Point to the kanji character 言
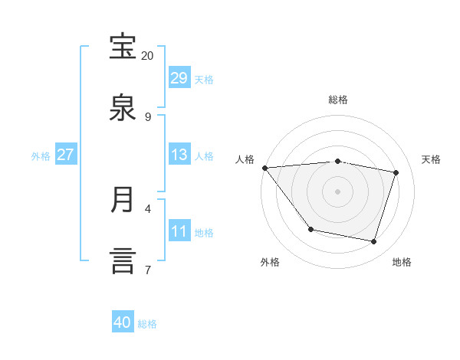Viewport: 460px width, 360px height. click(123, 260)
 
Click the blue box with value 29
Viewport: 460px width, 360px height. click(179, 78)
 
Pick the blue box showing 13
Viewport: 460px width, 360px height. click(179, 155)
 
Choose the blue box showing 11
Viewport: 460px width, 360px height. click(179, 231)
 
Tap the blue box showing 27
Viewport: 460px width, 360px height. click(65, 155)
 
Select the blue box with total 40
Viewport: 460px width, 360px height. click(123, 322)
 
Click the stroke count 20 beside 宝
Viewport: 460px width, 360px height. click(147, 56)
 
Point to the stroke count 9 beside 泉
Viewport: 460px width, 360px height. click(147, 117)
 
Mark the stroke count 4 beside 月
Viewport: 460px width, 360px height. click(147, 208)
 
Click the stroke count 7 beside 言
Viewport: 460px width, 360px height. click(147, 270)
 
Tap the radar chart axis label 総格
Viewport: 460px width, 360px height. click(338, 100)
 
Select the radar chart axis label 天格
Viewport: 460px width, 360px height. click(432, 159)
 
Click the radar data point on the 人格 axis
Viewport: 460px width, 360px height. click(264, 168)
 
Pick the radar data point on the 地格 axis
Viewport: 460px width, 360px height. click(373, 241)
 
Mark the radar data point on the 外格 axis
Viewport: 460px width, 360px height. click(310, 229)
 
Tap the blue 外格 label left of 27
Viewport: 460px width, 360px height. click(41, 155)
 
